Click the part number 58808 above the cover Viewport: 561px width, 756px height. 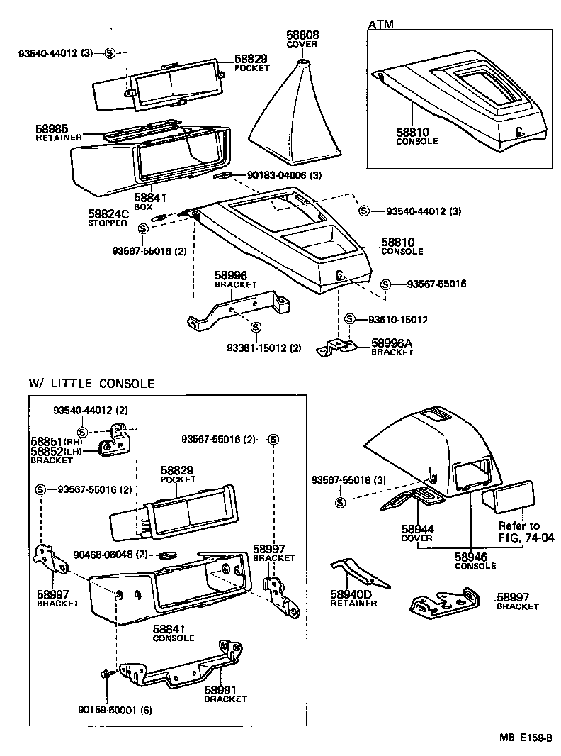[302, 34]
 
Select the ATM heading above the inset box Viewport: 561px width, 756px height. [381, 25]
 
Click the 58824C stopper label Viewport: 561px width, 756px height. [108, 213]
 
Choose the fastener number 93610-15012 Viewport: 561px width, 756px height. [397, 320]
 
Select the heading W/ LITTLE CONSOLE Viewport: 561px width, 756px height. [91, 384]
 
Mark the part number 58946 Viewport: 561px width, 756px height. [475, 557]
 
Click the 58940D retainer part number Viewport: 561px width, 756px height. [352, 594]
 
